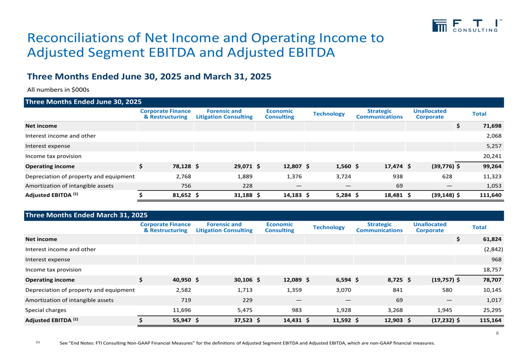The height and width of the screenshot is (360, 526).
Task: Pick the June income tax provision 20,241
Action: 492,156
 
